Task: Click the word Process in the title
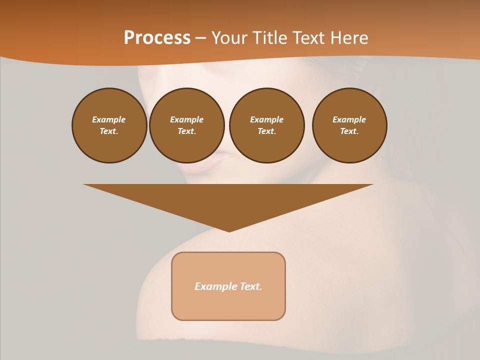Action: (157, 38)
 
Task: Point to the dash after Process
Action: (201, 38)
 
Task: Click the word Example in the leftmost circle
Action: (109, 119)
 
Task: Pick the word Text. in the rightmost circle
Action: (349, 131)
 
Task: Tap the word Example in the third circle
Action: (266, 119)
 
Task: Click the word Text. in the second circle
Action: (187, 131)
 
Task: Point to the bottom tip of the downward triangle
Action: (229, 230)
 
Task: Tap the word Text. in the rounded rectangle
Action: (251, 286)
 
